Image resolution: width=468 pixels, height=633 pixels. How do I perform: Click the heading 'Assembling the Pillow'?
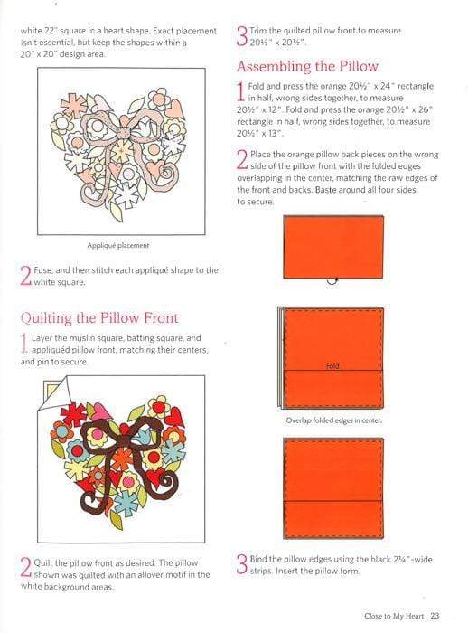(306, 66)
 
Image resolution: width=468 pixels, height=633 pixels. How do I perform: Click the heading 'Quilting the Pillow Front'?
(98, 317)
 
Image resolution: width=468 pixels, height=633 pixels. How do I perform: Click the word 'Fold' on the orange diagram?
(332, 366)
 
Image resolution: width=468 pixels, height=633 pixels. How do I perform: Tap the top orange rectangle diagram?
(332, 245)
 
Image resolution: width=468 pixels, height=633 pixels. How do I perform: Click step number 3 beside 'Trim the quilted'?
(241, 36)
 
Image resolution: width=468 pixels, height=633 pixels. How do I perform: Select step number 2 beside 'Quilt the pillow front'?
(24, 568)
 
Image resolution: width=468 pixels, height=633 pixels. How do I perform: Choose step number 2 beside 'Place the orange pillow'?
(241, 161)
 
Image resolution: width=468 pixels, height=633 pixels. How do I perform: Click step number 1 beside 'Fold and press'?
(241, 91)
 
